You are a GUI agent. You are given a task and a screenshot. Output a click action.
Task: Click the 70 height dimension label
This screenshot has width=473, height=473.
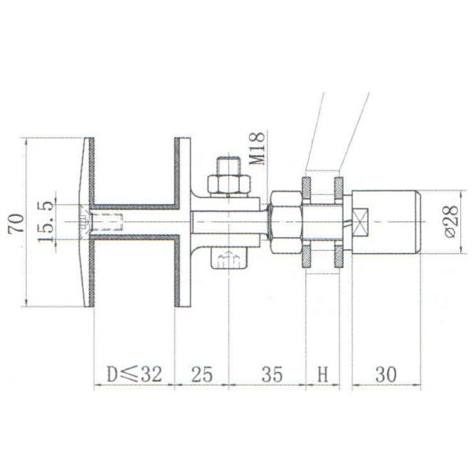click(x=14, y=222)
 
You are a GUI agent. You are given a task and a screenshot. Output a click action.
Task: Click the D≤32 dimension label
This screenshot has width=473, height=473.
click(x=134, y=374)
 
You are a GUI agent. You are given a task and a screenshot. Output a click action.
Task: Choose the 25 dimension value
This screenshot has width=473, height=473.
click(x=202, y=374)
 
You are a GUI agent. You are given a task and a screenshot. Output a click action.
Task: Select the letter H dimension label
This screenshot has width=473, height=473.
click(x=322, y=374)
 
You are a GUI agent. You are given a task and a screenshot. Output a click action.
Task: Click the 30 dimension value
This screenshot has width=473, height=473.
click(x=385, y=374)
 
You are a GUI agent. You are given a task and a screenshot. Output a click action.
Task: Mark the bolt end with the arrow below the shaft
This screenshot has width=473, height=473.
click(x=229, y=259)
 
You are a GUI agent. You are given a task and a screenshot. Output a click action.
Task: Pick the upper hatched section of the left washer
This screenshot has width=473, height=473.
click(x=306, y=189)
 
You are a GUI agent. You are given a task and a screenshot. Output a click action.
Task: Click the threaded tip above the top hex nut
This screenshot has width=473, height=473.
click(x=229, y=166)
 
